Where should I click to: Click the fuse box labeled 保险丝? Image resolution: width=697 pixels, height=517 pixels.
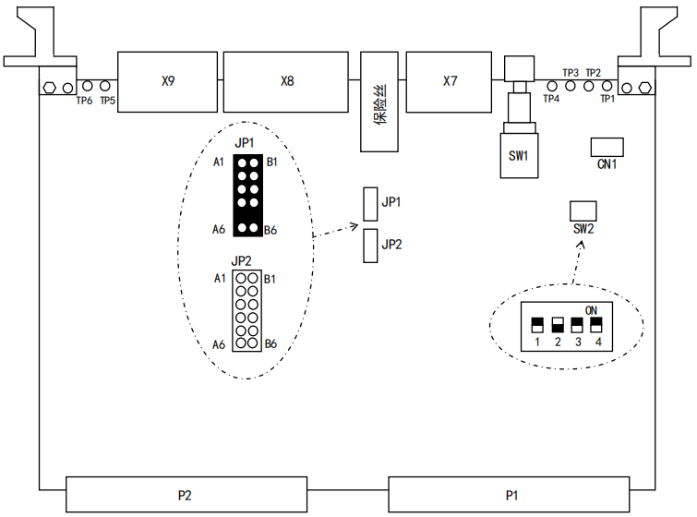point(379,102)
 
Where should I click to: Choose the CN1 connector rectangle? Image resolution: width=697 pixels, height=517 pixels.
point(607,147)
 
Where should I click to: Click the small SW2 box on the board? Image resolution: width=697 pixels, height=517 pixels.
point(583,210)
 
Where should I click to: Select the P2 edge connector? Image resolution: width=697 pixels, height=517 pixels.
point(186,495)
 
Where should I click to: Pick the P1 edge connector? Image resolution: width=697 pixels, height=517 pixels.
point(509,495)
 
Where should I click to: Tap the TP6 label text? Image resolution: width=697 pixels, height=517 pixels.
point(84,101)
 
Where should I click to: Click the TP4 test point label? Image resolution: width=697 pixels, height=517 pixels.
point(551,99)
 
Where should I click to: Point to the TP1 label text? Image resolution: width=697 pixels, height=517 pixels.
point(607,98)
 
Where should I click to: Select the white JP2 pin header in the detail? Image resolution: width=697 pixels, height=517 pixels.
point(246,311)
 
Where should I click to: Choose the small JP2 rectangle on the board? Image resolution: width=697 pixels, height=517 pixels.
point(371,246)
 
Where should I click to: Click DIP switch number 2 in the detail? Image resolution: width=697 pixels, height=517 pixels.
point(558,326)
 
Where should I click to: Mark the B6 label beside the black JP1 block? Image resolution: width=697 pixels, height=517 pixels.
point(271,230)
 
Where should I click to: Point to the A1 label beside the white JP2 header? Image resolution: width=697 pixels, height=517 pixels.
point(220,278)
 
